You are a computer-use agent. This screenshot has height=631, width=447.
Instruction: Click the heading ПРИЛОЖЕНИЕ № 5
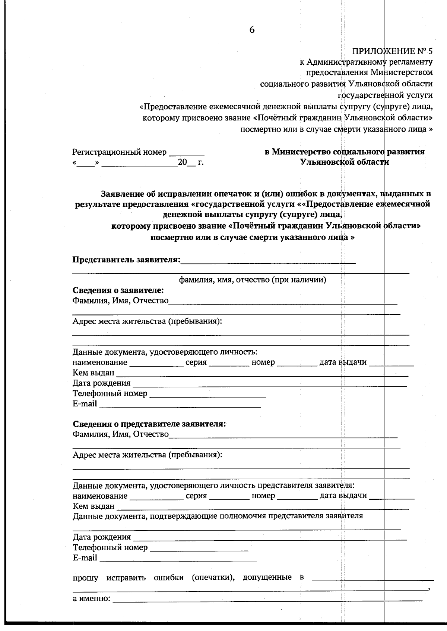393,51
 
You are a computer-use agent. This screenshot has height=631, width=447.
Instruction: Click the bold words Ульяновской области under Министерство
345,162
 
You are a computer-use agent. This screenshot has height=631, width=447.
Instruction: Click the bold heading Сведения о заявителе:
118,290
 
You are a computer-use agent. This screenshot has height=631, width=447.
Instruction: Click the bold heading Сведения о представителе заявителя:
149,424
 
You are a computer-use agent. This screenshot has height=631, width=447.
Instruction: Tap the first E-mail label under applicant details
85,404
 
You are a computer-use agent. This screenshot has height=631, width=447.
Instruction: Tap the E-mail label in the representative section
85,557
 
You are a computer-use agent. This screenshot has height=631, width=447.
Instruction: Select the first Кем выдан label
93,373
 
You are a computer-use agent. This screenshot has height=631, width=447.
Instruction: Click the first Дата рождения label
101,383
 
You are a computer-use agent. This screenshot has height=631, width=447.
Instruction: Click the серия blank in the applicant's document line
229,364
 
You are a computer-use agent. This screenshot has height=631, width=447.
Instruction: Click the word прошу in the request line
85,578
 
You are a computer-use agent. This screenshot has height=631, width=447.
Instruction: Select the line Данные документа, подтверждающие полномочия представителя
218,516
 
